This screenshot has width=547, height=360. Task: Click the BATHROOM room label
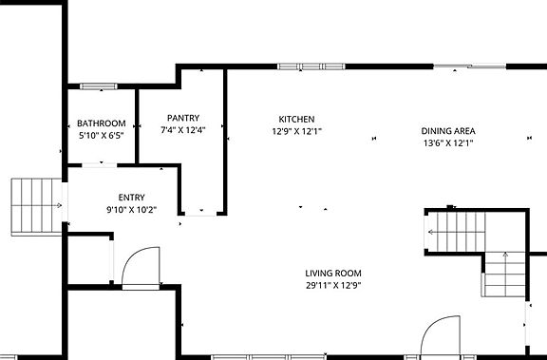(102, 123)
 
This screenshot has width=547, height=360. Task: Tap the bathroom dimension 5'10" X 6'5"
(102, 136)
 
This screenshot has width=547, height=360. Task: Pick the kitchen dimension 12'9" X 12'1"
(296, 132)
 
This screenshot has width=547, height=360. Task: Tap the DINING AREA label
(448, 131)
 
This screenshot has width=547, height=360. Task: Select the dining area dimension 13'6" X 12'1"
(448, 143)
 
